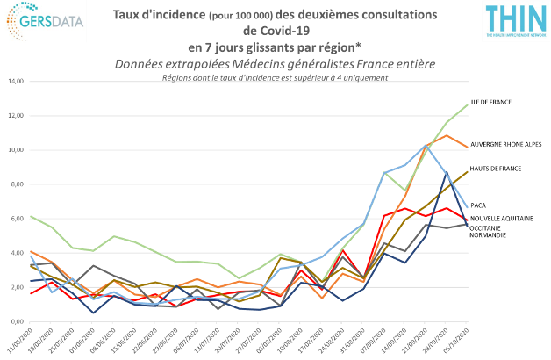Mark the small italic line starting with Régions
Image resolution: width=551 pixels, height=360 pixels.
(x=275, y=77)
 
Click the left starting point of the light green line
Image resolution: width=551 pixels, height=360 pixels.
(x=32, y=215)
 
